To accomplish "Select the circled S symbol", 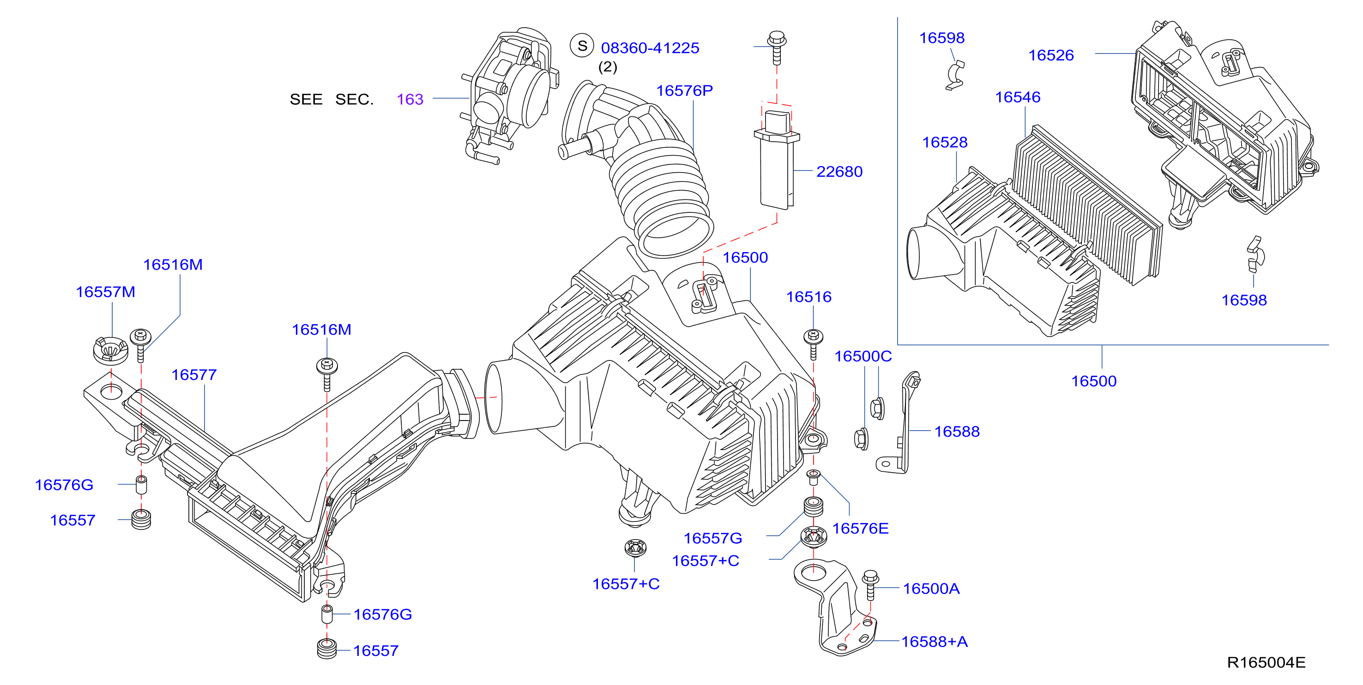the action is coord(582,46).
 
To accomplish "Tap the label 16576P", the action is coord(685,90).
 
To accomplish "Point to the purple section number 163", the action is coord(410,99).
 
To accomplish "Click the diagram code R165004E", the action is coord(1266,662).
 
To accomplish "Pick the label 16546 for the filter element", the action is coord(1018,97).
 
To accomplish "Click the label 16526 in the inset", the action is coord(1051,55).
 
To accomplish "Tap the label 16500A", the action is coord(931,588).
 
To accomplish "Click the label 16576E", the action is coord(860,528).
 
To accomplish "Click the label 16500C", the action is coord(863,356).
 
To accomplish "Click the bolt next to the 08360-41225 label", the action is coord(777,47).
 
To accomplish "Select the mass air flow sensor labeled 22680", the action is coord(777,159).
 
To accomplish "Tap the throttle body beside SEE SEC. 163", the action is coord(509,95).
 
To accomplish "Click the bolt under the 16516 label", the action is coord(813,344).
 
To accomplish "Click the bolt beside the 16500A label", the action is coord(870,584).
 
